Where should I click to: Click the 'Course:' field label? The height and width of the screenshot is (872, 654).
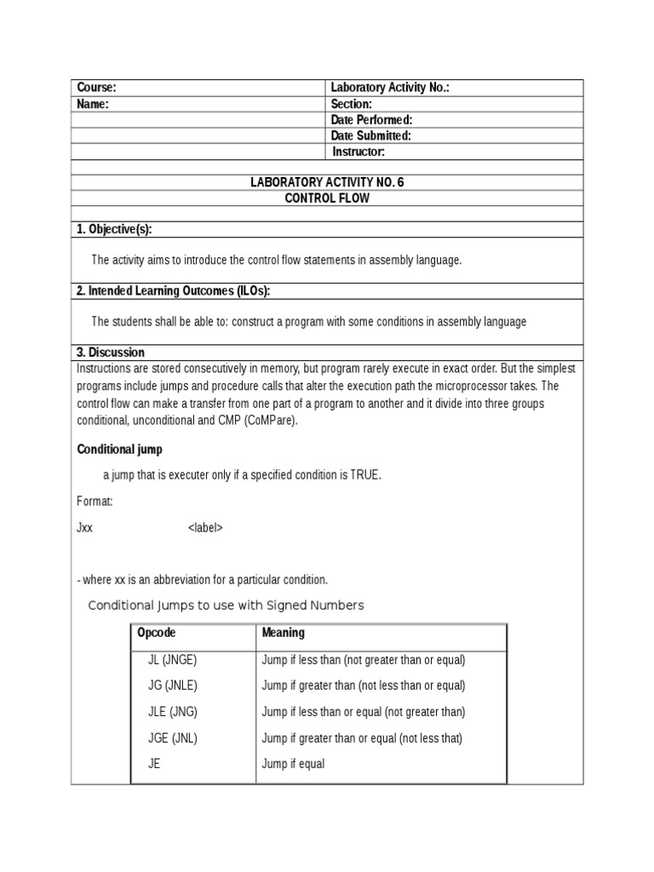pyautogui.click(x=96, y=88)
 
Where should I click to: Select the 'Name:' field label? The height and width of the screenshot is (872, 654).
pyautogui.click(x=93, y=104)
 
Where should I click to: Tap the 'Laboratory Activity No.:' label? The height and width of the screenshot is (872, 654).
pyautogui.click(x=389, y=88)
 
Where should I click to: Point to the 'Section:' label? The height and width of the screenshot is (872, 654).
pyautogui.click(x=351, y=104)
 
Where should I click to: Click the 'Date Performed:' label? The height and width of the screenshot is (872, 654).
pyautogui.click(x=371, y=120)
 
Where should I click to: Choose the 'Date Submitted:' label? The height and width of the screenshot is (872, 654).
pyautogui.click(x=370, y=135)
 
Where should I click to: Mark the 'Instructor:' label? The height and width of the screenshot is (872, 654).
pyautogui.click(x=359, y=152)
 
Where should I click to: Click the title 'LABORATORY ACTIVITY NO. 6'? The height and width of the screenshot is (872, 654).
pyautogui.click(x=327, y=182)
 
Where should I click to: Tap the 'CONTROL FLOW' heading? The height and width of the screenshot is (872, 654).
pyautogui.click(x=327, y=198)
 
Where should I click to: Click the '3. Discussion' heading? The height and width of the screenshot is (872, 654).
pyautogui.click(x=111, y=352)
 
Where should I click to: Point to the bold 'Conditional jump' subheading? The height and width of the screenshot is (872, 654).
pyautogui.click(x=120, y=449)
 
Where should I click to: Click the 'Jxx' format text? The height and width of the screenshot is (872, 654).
pyautogui.click(x=84, y=527)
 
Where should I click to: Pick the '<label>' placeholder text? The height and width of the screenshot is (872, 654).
pyautogui.click(x=205, y=527)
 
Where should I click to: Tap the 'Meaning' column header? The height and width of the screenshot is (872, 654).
pyautogui.click(x=283, y=633)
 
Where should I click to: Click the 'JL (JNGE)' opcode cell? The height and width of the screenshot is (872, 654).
pyautogui.click(x=173, y=659)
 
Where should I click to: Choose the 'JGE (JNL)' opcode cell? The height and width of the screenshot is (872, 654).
pyautogui.click(x=173, y=738)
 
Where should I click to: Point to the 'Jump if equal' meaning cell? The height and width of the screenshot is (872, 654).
pyautogui.click(x=293, y=764)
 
